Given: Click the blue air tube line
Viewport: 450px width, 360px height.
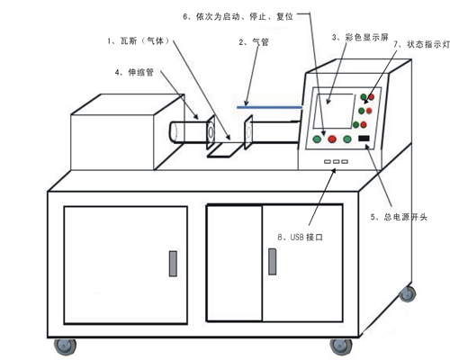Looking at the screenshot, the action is click(x=269, y=107).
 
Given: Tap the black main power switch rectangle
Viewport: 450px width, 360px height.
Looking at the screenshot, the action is click(x=364, y=139).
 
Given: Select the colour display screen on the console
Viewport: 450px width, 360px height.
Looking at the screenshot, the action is click(x=333, y=111).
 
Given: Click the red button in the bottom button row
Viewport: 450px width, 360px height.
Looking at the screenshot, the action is click(x=332, y=139).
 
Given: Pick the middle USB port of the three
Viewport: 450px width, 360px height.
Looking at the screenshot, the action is click(x=336, y=162).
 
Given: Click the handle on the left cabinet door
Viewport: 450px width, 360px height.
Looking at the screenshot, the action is click(x=173, y=264).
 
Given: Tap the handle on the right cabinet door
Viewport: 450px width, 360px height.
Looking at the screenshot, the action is click(x=272, y=261).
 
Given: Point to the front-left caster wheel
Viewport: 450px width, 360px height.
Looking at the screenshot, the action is click(x=65, y=346).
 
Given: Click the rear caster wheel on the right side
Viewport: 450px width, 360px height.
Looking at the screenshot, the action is click(x=407, y=293).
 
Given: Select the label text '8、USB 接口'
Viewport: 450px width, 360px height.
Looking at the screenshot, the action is click(x=300, y=238).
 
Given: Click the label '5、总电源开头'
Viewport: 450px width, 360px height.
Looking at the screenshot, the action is click(x=399, y=217).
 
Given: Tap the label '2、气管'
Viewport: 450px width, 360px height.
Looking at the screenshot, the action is click(x=254, y=42).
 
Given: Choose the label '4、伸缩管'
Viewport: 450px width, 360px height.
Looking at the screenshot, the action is click(x=134, y=72).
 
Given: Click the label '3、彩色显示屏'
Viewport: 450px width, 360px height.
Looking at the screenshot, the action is click(x=360, y=38).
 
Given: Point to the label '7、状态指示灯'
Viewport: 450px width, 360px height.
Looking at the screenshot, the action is click(x=421, y=44).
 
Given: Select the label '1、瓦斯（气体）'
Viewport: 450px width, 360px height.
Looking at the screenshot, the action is click(x=139, y=40).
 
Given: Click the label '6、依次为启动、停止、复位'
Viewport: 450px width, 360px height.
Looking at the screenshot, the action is click(x=238, y=16).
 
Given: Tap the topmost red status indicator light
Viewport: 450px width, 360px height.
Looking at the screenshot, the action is click(x=372, y=97).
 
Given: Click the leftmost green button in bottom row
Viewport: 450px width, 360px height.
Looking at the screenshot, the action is click(x=317, y=139).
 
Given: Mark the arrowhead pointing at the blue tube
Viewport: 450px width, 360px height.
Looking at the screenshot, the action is click(x=247, y=103).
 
